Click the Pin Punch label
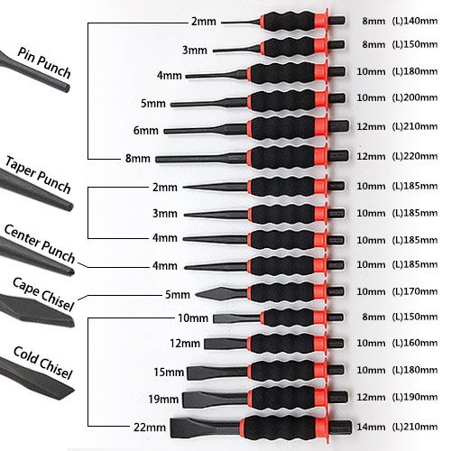pos(44,62)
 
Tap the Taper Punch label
pos(38,175)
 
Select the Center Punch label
pos(40,244)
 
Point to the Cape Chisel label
pos(43,294)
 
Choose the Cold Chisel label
pos(43,363)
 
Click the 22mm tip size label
pos(150,428)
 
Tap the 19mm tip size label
pos(163,400)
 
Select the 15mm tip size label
pos(169,373)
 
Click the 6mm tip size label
pos(146,131)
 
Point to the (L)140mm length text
pos(415,21)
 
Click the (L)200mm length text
pos(415,97)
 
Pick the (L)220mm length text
pos(415,156)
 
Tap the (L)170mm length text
pos(415,291)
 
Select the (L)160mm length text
pos(415,343)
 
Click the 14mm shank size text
pos(371,427)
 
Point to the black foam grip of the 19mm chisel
pos(282,398)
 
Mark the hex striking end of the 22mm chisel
pos(340,428)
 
